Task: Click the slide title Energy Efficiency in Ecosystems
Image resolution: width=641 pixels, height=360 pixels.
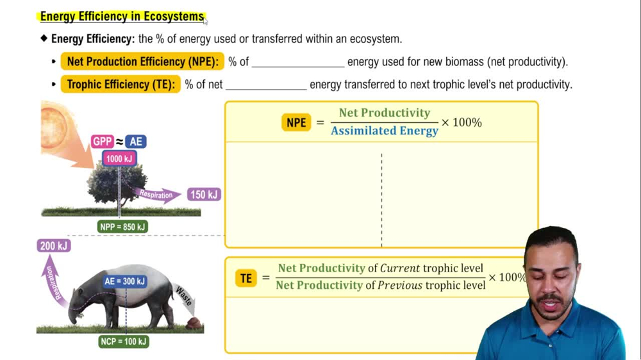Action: point(122,17)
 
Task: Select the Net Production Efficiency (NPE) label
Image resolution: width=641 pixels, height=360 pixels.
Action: point(142,61)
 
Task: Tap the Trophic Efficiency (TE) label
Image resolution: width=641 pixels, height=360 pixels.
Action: point(121,84)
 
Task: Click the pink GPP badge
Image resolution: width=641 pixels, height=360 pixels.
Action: point(102,142)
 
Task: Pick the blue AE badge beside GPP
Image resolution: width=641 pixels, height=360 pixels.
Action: point(135,142)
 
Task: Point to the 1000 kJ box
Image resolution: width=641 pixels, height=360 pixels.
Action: point(119,158)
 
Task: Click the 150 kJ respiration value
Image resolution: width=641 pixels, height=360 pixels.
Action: point(204,194)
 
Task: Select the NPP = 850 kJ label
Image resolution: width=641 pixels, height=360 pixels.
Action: point(123,227)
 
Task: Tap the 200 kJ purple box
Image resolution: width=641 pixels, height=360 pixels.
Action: point(53,245)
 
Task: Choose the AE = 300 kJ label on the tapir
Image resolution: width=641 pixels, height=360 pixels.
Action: point(125,281)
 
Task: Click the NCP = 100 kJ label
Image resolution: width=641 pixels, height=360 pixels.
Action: point(124,341)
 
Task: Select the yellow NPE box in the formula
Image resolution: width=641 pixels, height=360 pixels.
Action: point(296,122)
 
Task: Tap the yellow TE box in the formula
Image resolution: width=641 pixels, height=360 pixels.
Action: point(246,278)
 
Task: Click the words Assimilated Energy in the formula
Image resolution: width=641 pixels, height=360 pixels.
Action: point(385,131)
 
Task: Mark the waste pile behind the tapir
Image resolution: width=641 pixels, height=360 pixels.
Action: point(192,323)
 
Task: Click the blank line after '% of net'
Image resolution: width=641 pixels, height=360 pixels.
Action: point(266,85)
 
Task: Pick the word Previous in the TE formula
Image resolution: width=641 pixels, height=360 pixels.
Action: point(399,286)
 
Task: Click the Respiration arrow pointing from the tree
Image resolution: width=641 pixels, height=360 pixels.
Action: point(159,194)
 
